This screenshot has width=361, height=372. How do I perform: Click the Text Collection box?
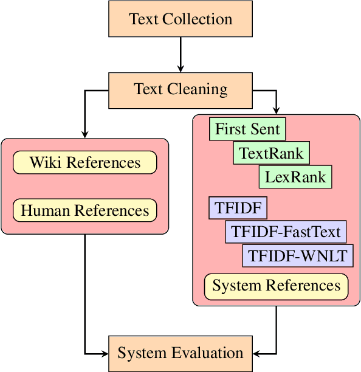click(180, 19)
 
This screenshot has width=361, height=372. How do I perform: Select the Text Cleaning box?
click(180, 90)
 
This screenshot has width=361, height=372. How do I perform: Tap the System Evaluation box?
click(180, 353)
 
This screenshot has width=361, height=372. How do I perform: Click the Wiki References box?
click(85, 163)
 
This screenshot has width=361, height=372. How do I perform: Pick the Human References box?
click(85, 210)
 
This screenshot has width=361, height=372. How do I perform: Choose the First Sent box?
click(247, 129)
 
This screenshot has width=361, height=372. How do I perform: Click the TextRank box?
click(271, 153)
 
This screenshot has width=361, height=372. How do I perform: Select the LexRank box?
click(295, 177)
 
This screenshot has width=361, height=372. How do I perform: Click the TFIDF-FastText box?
click(286, 232)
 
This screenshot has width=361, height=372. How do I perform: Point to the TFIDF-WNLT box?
click(298, 256)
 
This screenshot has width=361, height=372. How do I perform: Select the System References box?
click(277, 286)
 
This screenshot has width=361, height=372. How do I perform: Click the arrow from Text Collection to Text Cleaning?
click(180, 55)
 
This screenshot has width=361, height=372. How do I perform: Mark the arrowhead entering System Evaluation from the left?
click(104, 353)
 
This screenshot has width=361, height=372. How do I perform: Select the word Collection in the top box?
click(198, 19)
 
